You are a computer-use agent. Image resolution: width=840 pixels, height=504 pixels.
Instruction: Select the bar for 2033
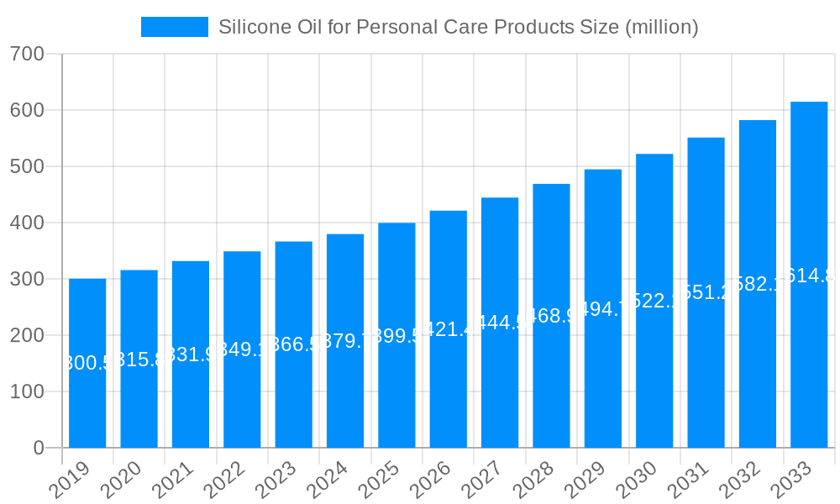809,353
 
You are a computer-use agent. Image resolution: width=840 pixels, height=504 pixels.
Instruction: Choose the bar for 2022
242,395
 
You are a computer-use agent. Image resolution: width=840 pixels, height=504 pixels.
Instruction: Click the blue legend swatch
174,27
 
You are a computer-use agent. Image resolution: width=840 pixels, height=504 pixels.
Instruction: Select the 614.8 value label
809,275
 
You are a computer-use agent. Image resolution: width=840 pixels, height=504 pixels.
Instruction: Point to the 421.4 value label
449,329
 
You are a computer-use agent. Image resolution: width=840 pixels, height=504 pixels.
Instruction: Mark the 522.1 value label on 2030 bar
654,301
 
